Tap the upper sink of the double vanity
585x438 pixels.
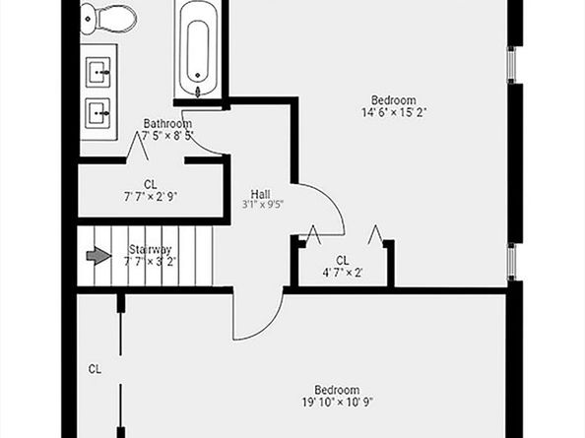(x=99, y=72)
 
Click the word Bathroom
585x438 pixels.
(x=161, y=123)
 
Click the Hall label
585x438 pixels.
(x=261, y=193)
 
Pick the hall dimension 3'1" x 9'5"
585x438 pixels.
(x=263, y=205)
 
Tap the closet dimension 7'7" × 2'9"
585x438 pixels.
(x=151, y=196)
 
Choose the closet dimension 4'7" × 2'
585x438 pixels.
(x=343, y=273)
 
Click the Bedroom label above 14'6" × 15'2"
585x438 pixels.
(x=393, y=99)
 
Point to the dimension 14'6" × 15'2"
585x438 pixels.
(x=393, y=111)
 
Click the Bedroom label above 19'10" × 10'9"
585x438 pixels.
(x=337, y=390)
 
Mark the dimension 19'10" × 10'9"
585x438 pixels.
(x=337, y=402)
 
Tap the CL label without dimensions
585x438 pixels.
(x=95, y=370)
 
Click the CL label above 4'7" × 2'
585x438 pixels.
(x=343, y=261)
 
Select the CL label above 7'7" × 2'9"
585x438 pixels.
(x=150, y=184)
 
